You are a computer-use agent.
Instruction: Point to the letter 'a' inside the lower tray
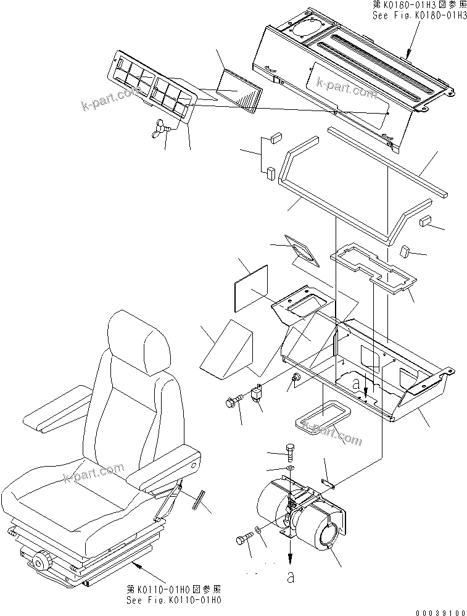click(x=356, y=384)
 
